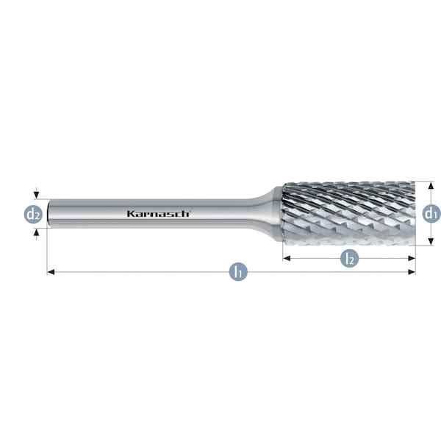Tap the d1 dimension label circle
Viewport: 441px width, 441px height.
coord(431,213)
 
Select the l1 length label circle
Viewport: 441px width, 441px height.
coord(237,272)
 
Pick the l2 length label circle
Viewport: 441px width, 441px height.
coord(350,258)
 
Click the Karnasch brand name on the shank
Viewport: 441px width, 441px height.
coord(159,213)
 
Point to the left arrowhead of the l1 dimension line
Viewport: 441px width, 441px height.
coord(51,272)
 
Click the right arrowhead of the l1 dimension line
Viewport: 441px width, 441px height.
coord(412,272)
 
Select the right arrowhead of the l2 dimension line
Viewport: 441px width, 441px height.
coord(412,258)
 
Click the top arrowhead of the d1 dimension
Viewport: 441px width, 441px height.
coord(431,185)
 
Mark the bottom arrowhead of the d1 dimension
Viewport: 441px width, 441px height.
coord(431,242)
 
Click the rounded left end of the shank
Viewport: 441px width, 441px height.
coord(49,213)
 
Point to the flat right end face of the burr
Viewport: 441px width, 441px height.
coord(414,213)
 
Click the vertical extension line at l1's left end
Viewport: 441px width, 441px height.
coord(47,250)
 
